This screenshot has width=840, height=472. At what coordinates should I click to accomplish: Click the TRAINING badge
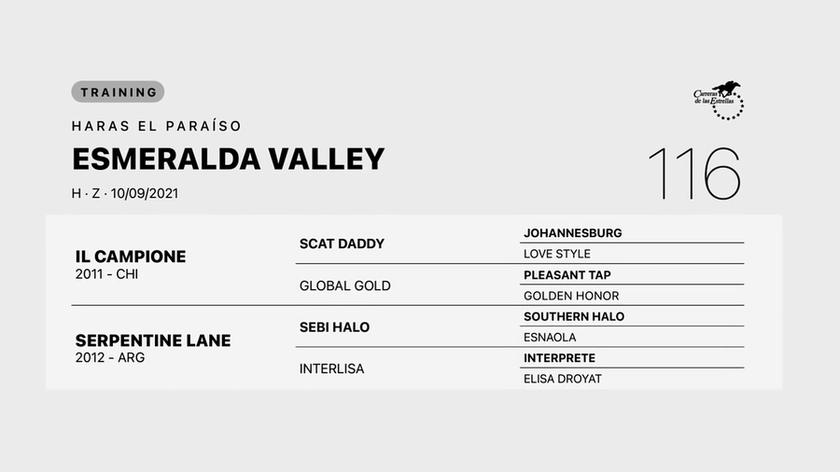(118, 91)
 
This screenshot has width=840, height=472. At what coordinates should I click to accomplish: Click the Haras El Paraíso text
(156, 126)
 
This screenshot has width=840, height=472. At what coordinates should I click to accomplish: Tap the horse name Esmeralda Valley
(228, 159)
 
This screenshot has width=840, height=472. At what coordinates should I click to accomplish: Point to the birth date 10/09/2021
(145, 194)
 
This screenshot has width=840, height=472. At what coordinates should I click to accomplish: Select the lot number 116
(693, 174)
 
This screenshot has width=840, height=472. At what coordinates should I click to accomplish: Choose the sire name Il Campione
(131, 256)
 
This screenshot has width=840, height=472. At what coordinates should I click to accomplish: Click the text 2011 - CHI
(108, 274)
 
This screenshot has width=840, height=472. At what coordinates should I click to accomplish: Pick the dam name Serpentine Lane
(152, 340)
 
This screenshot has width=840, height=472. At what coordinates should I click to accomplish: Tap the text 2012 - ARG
(109, 358)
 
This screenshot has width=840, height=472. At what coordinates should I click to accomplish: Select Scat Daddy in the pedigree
(342, 243)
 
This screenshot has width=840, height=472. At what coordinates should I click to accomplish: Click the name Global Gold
(344, 285)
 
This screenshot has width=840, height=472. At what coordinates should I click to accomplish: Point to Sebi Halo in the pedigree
(334, 326)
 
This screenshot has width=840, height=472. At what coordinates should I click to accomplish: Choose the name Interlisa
(331, 368)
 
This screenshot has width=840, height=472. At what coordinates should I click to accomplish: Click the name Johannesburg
(572, 233)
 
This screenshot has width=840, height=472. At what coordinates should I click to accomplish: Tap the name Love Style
(557, 254)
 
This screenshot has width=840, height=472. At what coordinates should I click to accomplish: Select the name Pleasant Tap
(567, 275)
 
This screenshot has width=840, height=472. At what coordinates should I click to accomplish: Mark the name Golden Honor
(571, 296)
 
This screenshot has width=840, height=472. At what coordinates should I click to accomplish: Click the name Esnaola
(550, 337)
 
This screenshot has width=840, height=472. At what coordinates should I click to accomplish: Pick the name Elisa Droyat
(562, 379)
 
